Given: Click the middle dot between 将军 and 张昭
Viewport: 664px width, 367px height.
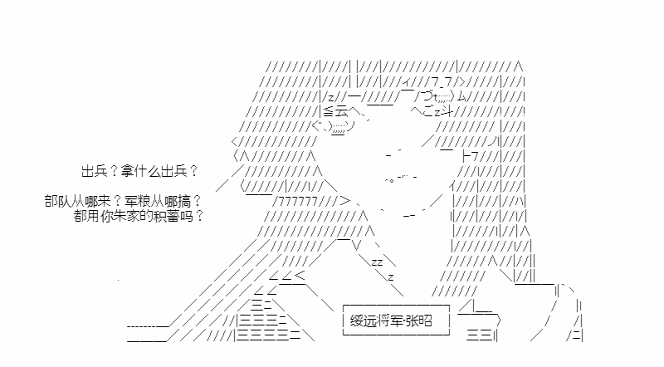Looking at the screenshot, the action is point(404,321).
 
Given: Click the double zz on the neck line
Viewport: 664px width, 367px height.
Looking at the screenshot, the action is point(377,262).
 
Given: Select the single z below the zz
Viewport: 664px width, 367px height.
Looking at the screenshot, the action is point(391,277).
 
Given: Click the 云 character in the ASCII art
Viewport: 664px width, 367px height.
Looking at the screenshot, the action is point(342,111).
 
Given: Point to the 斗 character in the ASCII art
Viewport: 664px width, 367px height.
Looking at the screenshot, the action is point(447,112).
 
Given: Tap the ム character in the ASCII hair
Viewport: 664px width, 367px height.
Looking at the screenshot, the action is point(461,97).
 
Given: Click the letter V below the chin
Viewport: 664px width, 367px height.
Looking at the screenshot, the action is point(357,246).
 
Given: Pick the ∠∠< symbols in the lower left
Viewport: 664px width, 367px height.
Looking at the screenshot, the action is point(287,276).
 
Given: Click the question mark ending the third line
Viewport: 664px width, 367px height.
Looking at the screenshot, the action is point(200,216).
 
